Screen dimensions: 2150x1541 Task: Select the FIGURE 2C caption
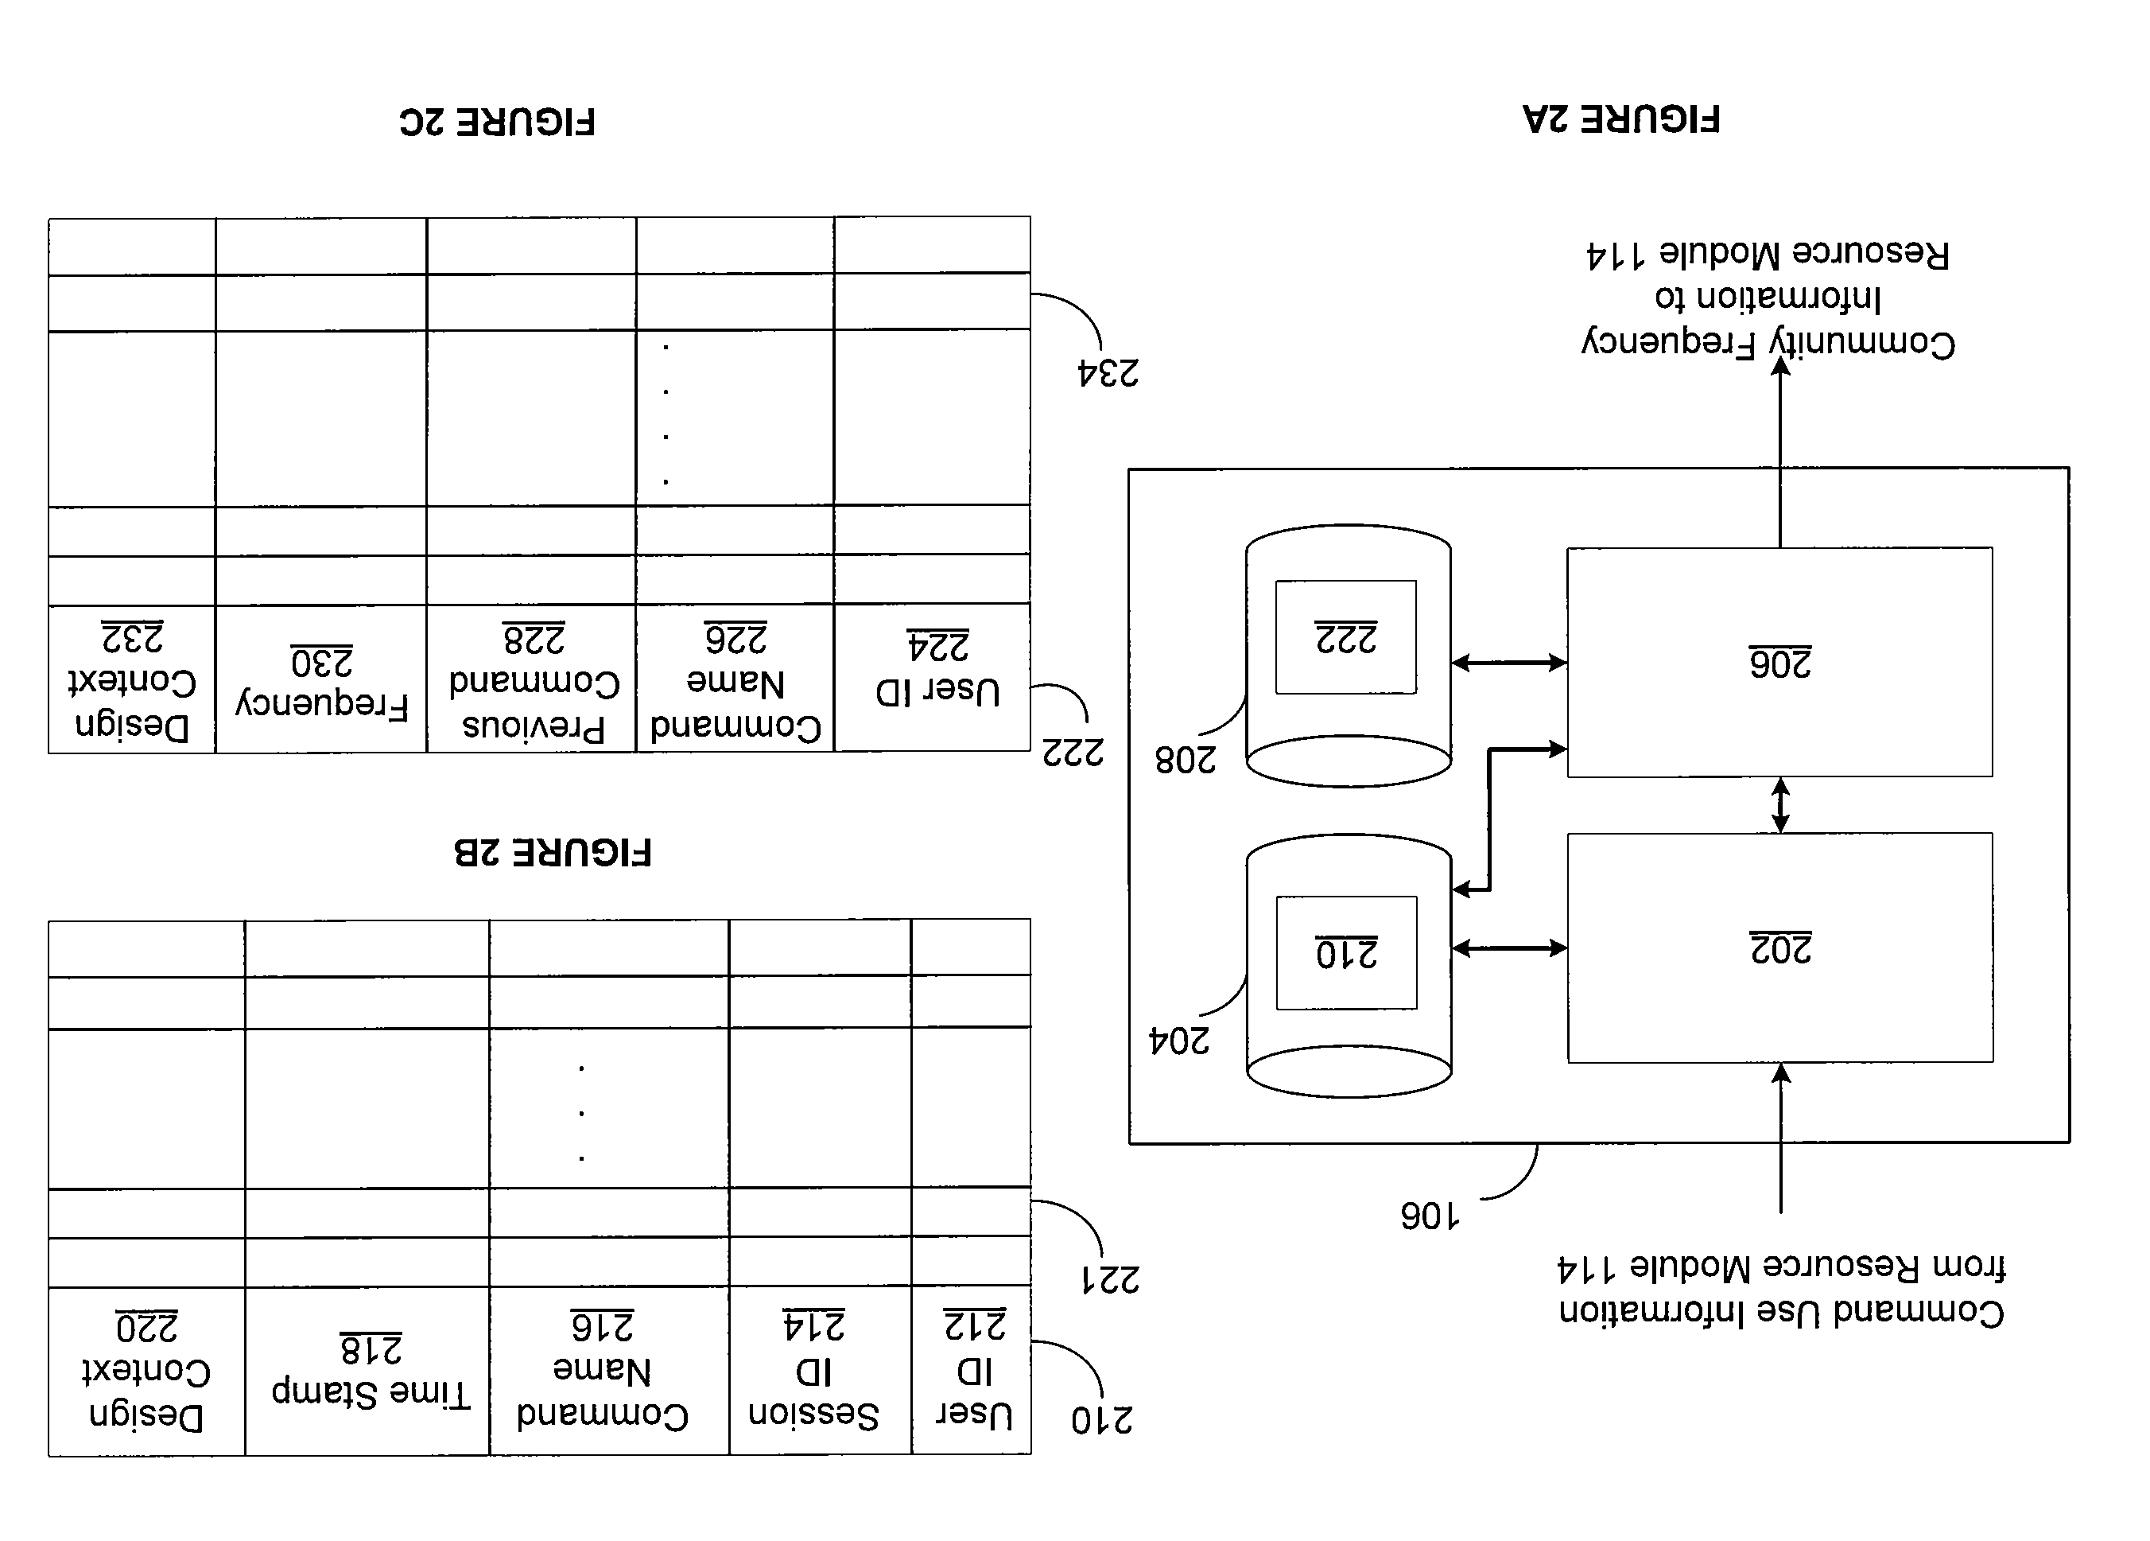(498, 123)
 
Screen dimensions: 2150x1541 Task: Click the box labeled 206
(1779, 662)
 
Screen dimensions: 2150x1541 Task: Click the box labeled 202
(1780, 948)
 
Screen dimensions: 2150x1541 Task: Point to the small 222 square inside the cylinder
(1346, 637)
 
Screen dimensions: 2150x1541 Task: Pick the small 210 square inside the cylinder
(1347, 953)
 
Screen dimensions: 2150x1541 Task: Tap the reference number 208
(1186, 760)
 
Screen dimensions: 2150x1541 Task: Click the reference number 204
(1179, 1041)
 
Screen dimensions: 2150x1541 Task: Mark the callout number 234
(1108, 372)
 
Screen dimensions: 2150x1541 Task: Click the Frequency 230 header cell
(321, 679)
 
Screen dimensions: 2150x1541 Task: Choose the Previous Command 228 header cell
(532, 679)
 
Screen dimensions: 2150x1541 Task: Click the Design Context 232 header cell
(132, 679)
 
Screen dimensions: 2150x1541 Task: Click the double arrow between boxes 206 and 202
(1780, 805)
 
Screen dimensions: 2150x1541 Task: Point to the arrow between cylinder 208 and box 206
(1509, 663)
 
